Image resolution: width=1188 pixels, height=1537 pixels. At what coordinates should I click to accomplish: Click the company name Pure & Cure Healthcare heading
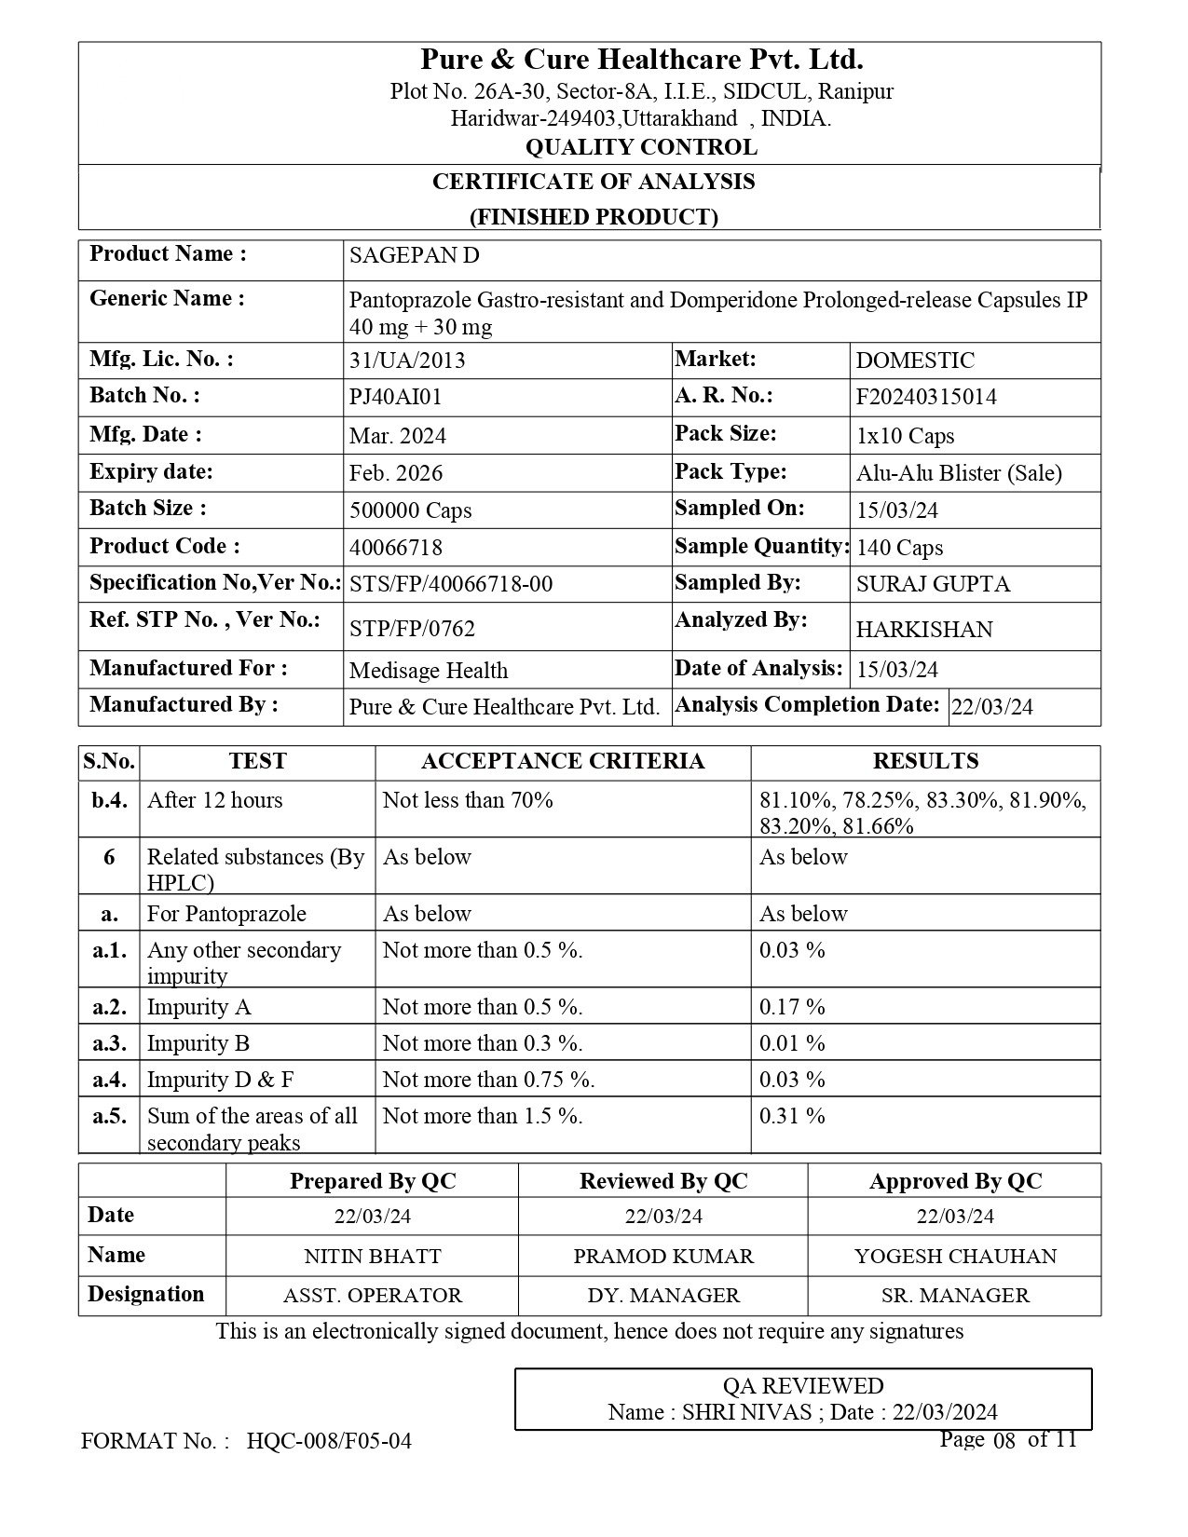point(641,61)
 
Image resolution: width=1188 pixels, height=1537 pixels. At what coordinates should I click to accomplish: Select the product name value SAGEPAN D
point(414,256)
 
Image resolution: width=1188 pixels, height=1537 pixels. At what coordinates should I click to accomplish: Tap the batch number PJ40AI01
point(395,398)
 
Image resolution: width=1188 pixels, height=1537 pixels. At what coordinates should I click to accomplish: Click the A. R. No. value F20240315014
point(925,398)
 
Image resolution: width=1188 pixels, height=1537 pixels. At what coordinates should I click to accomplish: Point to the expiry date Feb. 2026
point(395,473)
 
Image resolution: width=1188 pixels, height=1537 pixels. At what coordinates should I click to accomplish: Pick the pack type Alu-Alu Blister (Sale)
point(958,473)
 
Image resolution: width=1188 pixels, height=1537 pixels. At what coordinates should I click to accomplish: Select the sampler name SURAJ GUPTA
point(932,585)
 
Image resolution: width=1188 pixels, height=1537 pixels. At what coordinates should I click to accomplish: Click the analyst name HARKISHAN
point(923,630)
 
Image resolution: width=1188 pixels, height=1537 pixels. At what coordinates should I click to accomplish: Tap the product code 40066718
point(395,548)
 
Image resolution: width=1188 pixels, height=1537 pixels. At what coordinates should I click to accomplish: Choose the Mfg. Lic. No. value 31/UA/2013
point(406,361)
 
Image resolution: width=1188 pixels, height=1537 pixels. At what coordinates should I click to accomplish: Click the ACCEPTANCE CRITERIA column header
point(562,762)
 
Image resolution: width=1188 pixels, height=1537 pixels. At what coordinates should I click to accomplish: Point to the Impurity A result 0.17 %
point(791,1008)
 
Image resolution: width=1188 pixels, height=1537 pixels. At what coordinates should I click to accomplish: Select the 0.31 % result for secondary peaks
point(791,1117)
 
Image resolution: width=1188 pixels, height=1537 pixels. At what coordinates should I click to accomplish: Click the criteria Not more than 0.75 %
point(488,1081)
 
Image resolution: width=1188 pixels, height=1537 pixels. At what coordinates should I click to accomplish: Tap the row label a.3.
point(109,1044)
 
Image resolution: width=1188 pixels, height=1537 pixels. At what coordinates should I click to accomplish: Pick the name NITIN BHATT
point(372,1257)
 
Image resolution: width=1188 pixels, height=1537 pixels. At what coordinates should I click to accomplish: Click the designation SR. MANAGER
point(954,1296)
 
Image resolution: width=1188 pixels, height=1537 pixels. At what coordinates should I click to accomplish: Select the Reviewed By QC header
point(662,1182)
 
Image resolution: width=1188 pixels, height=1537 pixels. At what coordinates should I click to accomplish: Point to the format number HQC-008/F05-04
point(329,1442)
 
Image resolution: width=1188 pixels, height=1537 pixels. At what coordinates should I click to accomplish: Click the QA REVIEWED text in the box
point(802,1386)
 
